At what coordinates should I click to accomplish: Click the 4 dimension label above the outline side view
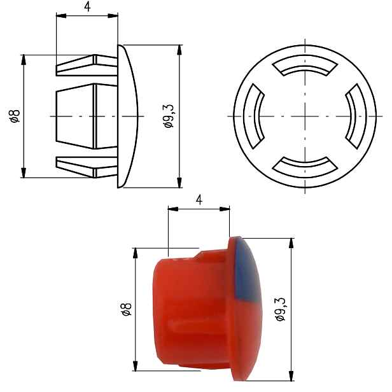(87, 7)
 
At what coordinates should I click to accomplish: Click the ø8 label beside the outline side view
(14, 116)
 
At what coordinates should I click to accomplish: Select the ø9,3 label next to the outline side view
(169, 116)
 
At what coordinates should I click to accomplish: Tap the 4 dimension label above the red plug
(199, 200)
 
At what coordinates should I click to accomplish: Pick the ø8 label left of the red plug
(126, 309)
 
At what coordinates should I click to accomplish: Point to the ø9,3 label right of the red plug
(280, 309)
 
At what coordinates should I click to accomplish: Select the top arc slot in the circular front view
(305, 64)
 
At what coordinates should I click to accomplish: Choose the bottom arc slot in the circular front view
(305, 168)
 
